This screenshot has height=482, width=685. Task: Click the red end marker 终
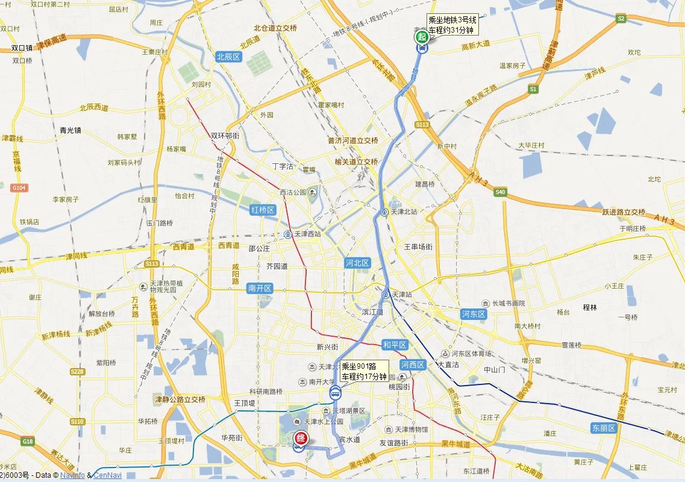299,439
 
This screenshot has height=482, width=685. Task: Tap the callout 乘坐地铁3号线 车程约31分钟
452,24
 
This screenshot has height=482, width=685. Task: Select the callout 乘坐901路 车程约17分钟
364,371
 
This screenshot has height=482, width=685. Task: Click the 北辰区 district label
228,57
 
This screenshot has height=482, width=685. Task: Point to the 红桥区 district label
263,210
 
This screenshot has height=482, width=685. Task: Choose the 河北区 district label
357,263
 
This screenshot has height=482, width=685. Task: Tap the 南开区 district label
260,289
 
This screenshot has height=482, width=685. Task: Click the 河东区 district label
474,314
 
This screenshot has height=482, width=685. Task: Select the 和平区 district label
395,345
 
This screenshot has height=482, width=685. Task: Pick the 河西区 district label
413,365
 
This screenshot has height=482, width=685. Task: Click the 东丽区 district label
604,428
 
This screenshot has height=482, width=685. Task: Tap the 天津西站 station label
307,234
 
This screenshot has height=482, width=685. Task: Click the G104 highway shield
19,188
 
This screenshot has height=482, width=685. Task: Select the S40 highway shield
500,192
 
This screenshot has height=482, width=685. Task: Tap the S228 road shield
77,372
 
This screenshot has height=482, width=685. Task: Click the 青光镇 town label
70,129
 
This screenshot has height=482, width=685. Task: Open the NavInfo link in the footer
72,475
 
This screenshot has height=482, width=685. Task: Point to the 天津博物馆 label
411,430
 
